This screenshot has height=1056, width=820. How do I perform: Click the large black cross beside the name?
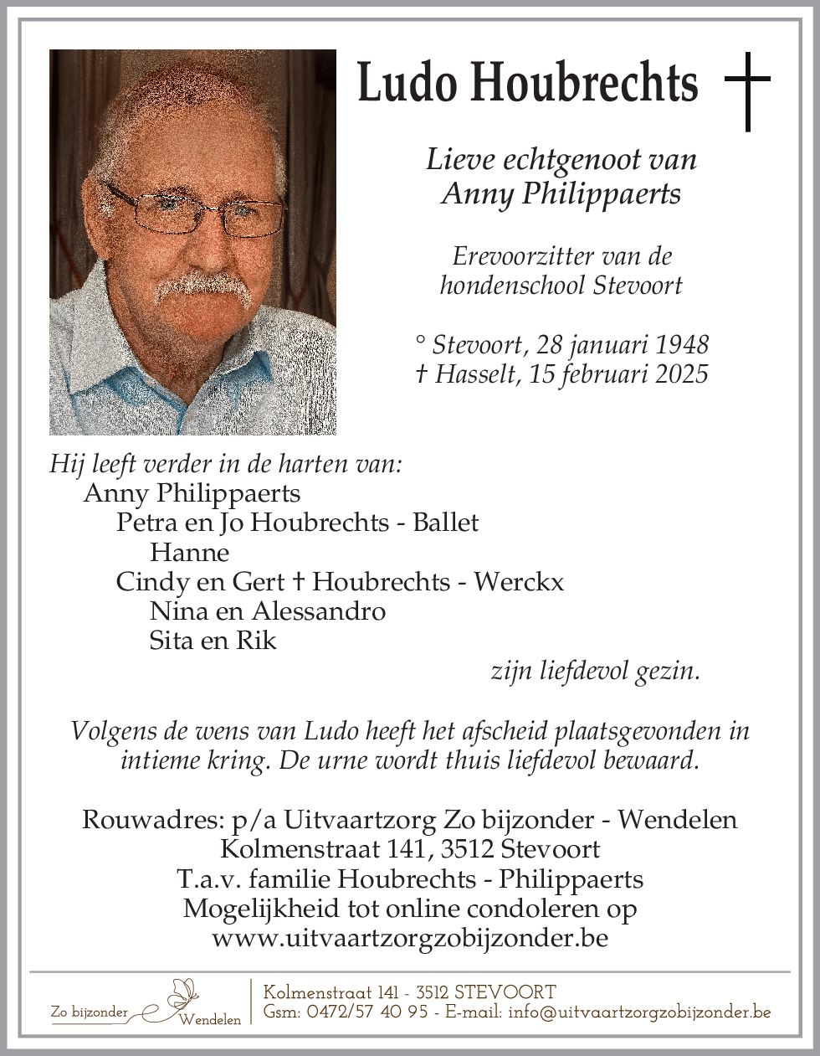[747, 90]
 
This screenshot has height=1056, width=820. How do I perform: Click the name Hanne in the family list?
[189, 553]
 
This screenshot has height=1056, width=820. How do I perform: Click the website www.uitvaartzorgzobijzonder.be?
[410, 938]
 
